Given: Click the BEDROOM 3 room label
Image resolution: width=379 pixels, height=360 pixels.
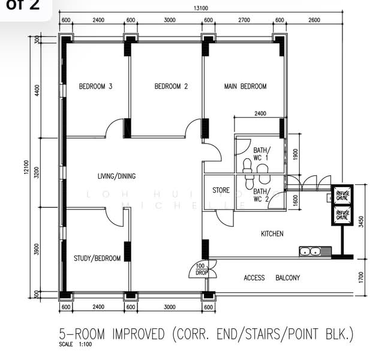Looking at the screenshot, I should (96, 86).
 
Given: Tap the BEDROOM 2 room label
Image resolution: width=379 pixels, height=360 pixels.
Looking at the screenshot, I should (171, 86).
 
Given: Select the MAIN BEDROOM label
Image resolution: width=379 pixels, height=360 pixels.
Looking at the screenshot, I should (245, 86).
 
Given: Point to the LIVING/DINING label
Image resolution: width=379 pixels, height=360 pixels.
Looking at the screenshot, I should (116, 176).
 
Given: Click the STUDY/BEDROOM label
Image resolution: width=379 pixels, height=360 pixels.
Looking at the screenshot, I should (97, 259).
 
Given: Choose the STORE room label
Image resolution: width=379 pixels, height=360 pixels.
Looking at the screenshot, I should (221, 191).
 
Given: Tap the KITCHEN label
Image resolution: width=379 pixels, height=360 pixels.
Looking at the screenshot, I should (272, 233).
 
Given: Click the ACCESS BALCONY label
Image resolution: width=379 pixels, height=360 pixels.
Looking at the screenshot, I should (272, 278).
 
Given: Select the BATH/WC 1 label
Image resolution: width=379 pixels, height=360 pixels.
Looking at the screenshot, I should (261, 154).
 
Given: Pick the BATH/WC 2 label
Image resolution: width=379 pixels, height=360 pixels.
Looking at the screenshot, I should (261, 195).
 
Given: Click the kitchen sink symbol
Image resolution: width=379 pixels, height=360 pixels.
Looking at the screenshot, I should (311, 251).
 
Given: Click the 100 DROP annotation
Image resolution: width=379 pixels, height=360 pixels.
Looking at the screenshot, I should (200, 269).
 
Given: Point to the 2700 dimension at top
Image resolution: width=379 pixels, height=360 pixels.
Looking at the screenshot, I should (243, 20).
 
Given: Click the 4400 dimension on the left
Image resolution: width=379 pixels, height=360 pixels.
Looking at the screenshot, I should (37, 90).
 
